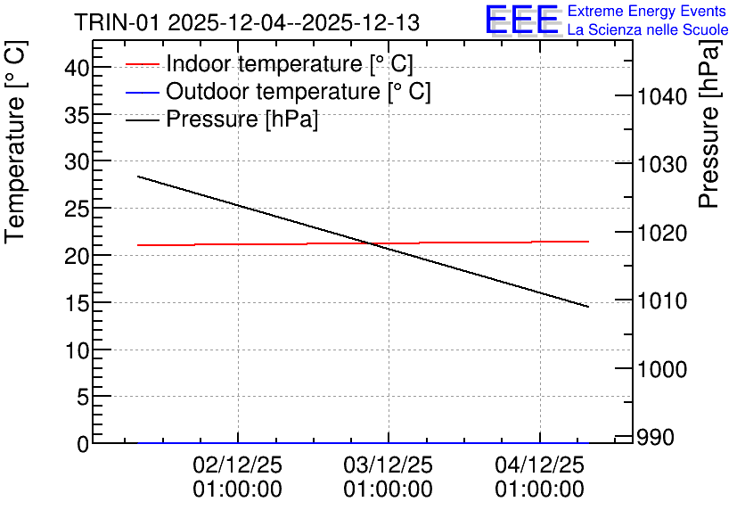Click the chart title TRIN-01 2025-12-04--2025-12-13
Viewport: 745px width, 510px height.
coord(247,22)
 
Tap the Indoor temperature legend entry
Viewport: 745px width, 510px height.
coord(269,63)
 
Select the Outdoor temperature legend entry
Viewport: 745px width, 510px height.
coord(278,91)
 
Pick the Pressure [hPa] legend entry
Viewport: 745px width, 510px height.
coord(222,119)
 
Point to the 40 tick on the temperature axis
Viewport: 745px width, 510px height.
coord(77,68)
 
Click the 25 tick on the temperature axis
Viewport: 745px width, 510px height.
coord(77,209)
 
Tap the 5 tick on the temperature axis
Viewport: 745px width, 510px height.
coord(83,397)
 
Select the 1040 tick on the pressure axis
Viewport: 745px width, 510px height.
coord(662,97)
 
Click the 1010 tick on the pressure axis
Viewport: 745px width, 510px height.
coord(662,300)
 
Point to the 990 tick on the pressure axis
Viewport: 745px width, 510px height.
coord(656,437)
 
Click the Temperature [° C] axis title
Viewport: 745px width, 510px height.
coord(15,142)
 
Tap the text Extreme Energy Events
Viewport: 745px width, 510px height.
coord(647,11)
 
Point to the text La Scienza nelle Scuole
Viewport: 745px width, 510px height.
coord(648,29)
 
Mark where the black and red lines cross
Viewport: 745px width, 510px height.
coord(371,243)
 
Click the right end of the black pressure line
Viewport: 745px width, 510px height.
coord(589,307)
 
